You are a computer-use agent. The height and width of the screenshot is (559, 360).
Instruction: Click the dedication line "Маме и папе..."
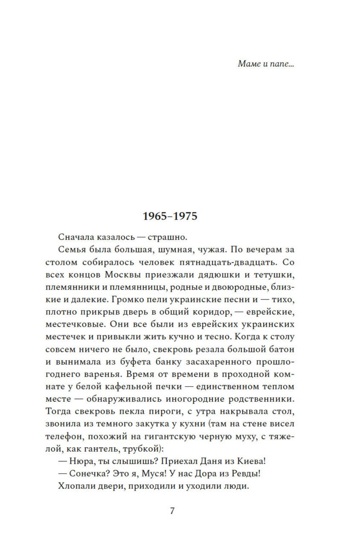click(266, 64)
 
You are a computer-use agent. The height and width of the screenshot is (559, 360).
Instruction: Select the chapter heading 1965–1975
click(170, 216)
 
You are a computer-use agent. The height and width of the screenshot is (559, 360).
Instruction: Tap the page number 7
click(172, 511)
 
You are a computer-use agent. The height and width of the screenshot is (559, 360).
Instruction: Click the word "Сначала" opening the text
click(76, 237)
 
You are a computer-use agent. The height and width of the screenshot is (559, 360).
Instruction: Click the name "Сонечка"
click(89, 474)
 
